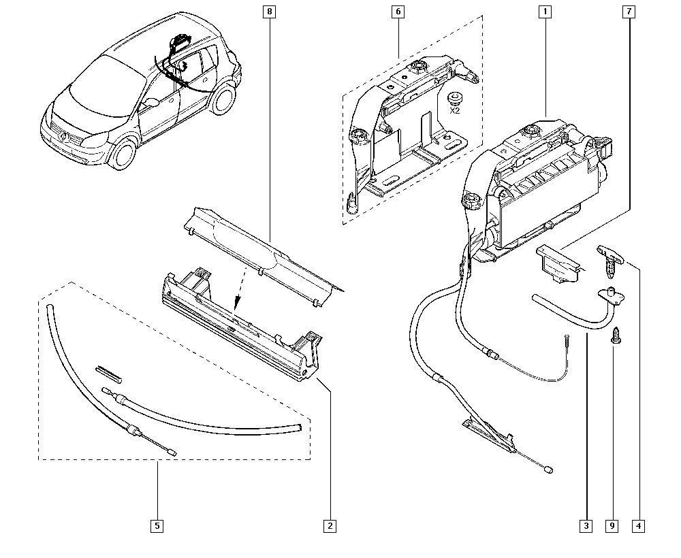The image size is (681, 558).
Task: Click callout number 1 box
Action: [545, 11]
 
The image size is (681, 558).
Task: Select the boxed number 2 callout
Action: [330, 525]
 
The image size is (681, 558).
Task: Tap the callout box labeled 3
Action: [586, 525]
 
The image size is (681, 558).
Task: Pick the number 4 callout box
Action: [638, 525]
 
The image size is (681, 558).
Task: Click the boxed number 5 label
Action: [157, 525]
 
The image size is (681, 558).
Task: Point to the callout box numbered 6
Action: [398, 11]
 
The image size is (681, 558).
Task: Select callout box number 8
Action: [270, 11]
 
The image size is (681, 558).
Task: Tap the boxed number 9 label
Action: [612, 525]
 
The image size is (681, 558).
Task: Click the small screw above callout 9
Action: [616, 336]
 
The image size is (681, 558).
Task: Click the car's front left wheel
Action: [123, 153]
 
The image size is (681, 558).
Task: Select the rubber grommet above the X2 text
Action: [454, 96]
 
